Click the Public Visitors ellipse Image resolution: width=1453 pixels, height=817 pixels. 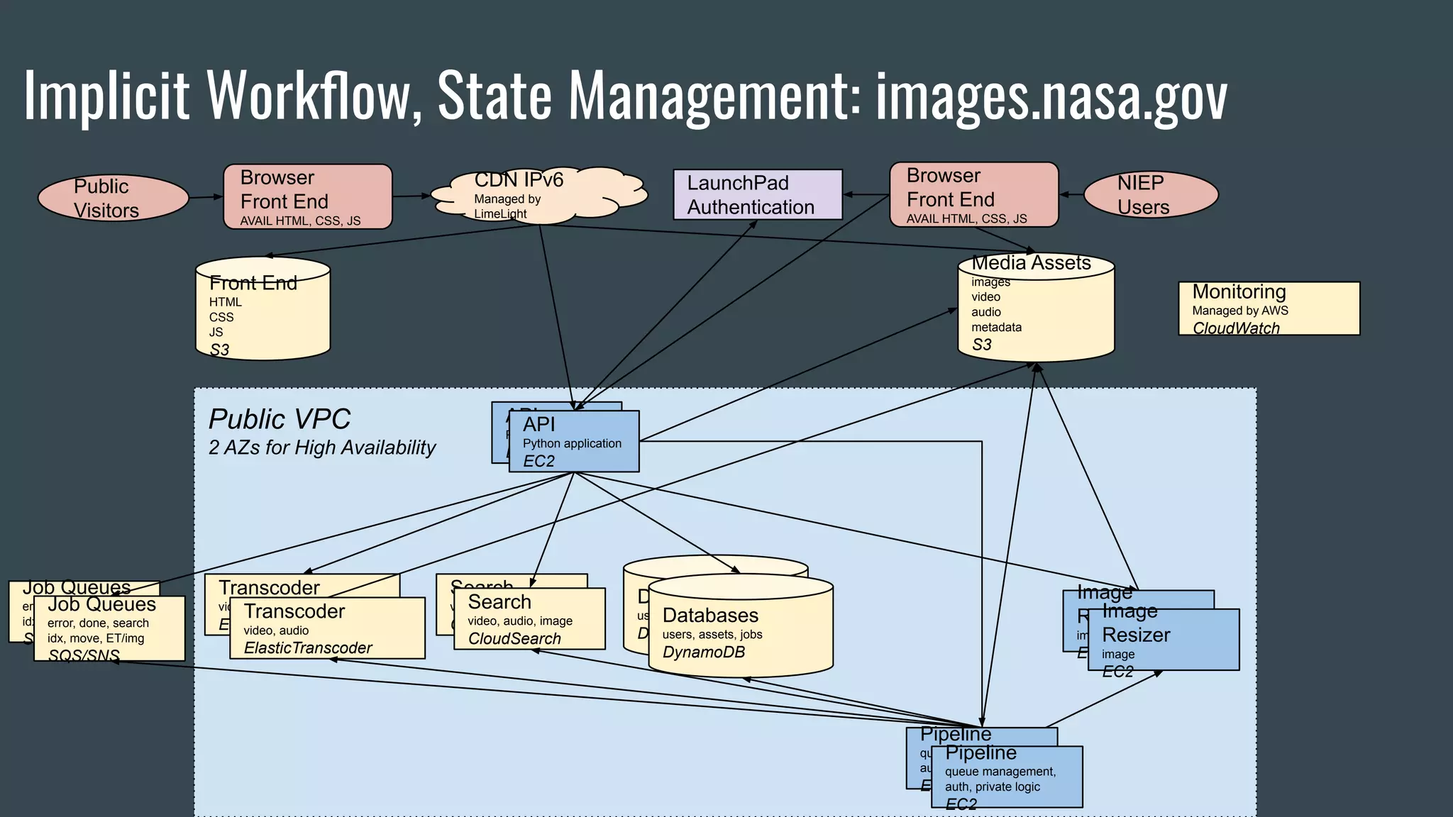pyautogui.click(x=114, y=198)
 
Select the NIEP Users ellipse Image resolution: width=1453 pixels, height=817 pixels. pyautogui.click(x=1151, y=194)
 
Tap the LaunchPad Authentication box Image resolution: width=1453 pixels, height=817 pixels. pyautogui.click(x=758, y=194)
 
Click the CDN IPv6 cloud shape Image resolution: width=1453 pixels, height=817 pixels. pyautogui.click(x=539, y=195)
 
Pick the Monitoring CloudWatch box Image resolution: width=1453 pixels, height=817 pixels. pyautogui.click(x=1269, y=309)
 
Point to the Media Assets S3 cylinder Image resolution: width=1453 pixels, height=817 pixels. pyautogui.click(x=1036, y=309)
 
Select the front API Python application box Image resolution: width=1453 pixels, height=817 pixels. pyautogui.click(x=574, y=441)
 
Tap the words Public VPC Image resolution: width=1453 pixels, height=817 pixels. pyautogui.click(x=279, y=419)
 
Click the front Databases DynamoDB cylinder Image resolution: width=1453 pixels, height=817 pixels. pyautogui.click(x=740, y=628)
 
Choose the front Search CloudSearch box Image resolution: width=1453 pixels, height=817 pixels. pyautogui.click(x=529, y=619)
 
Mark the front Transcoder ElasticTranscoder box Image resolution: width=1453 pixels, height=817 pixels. pyautogui.click(x=327, y=628)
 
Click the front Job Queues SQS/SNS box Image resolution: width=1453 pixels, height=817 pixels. pyautogui.click(x=109, y=629)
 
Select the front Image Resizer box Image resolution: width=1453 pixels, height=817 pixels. pyautogui.click(x=1164, y=640)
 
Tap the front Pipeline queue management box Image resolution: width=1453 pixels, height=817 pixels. pyautogui.click(x=1007, y=777)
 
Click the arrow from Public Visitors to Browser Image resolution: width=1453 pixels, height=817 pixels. pyautogui.click(x=206, y=197)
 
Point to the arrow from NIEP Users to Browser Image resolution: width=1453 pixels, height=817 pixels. pyautogui.click(x=1071, y=194)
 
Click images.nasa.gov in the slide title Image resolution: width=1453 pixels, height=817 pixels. pyautogui.click(x=1051, y=96)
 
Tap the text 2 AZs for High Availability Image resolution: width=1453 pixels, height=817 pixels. pyautogui.click(x=321, y=448)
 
